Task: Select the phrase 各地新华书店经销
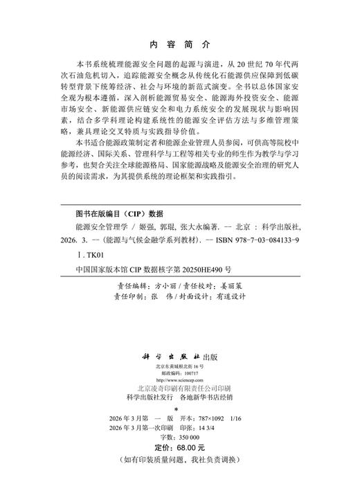[215, 399]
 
